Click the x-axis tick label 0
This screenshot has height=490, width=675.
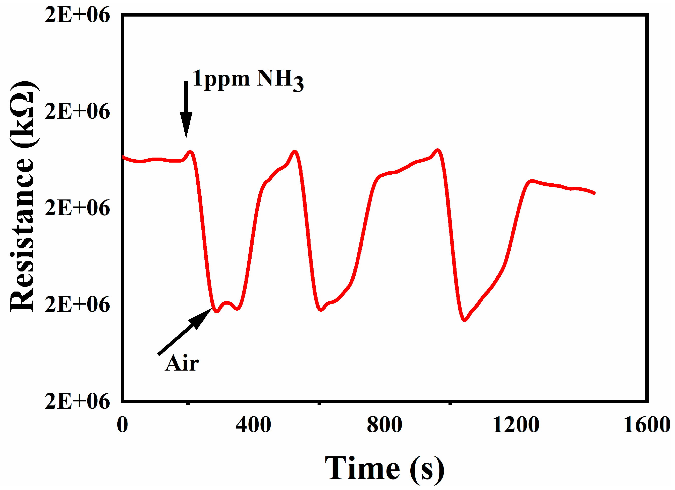click(122, 425)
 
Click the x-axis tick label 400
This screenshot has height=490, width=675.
click(253, 425)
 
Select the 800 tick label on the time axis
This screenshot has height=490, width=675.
click(385, 425)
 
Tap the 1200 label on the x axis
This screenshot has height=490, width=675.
click(516, 425)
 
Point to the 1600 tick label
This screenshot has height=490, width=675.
click(646, 425)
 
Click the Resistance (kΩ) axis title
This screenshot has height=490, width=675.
click(22, 196)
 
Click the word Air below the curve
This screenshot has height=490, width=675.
click(182, 364)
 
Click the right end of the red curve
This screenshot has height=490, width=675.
click(594, 193)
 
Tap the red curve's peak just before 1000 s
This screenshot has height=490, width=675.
click(437, 150)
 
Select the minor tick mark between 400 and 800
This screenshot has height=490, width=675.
click(319, 403)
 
